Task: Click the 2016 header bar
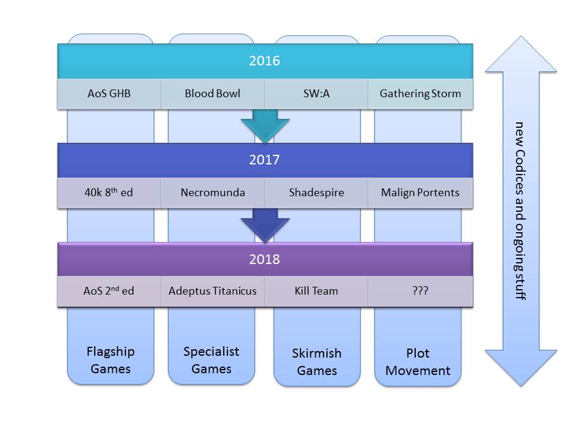point(265,61)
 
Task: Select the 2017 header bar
point(265,160)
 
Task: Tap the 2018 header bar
point(265,260)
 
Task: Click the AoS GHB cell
point(109,94)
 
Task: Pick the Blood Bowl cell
point(212,94)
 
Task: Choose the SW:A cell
point(316,94)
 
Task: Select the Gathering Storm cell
point(420,94)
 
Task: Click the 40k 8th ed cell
point(109,193)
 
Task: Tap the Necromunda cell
point(212,193)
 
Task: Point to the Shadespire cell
point(316,193)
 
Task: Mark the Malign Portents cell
point(420,193)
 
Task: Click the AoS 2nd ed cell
point(109,291)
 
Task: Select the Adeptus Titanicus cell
point(212,291)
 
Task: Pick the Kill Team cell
point(316,291)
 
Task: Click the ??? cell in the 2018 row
point(420,291)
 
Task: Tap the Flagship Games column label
point(110,360)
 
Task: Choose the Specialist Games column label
point(211,360)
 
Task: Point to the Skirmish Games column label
point(317,362)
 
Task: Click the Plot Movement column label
point(418,362)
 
